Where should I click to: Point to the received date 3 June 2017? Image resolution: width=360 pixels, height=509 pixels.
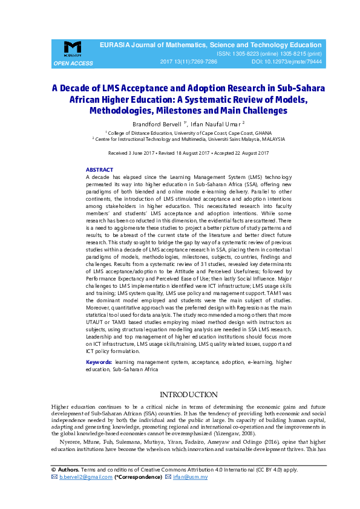click(x=137, y=154)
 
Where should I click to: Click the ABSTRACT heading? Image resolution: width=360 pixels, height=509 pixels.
click(x=99, y=170)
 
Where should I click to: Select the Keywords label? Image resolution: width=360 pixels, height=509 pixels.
click(x=99, y=362)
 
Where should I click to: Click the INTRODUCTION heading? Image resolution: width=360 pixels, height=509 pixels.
click(x=188, y=395)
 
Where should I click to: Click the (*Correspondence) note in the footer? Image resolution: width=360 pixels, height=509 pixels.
click(x=139, y=477)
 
